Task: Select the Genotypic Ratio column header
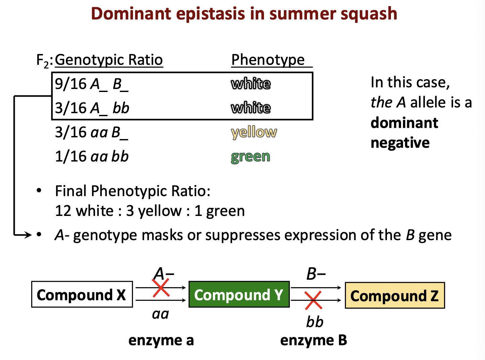109,60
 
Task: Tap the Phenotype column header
268,60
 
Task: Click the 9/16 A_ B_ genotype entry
92,84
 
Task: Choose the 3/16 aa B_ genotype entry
92,132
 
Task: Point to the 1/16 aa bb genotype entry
92,156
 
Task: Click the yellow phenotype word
254,132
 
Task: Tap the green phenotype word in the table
251,156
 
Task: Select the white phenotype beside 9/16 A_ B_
251,84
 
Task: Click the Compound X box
82,295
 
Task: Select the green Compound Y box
239,295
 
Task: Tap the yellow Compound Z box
395,296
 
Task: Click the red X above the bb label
313,300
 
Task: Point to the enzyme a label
161,341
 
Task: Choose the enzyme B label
313,341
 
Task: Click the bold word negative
400,143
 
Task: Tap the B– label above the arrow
316,274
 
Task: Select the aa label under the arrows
161,314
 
